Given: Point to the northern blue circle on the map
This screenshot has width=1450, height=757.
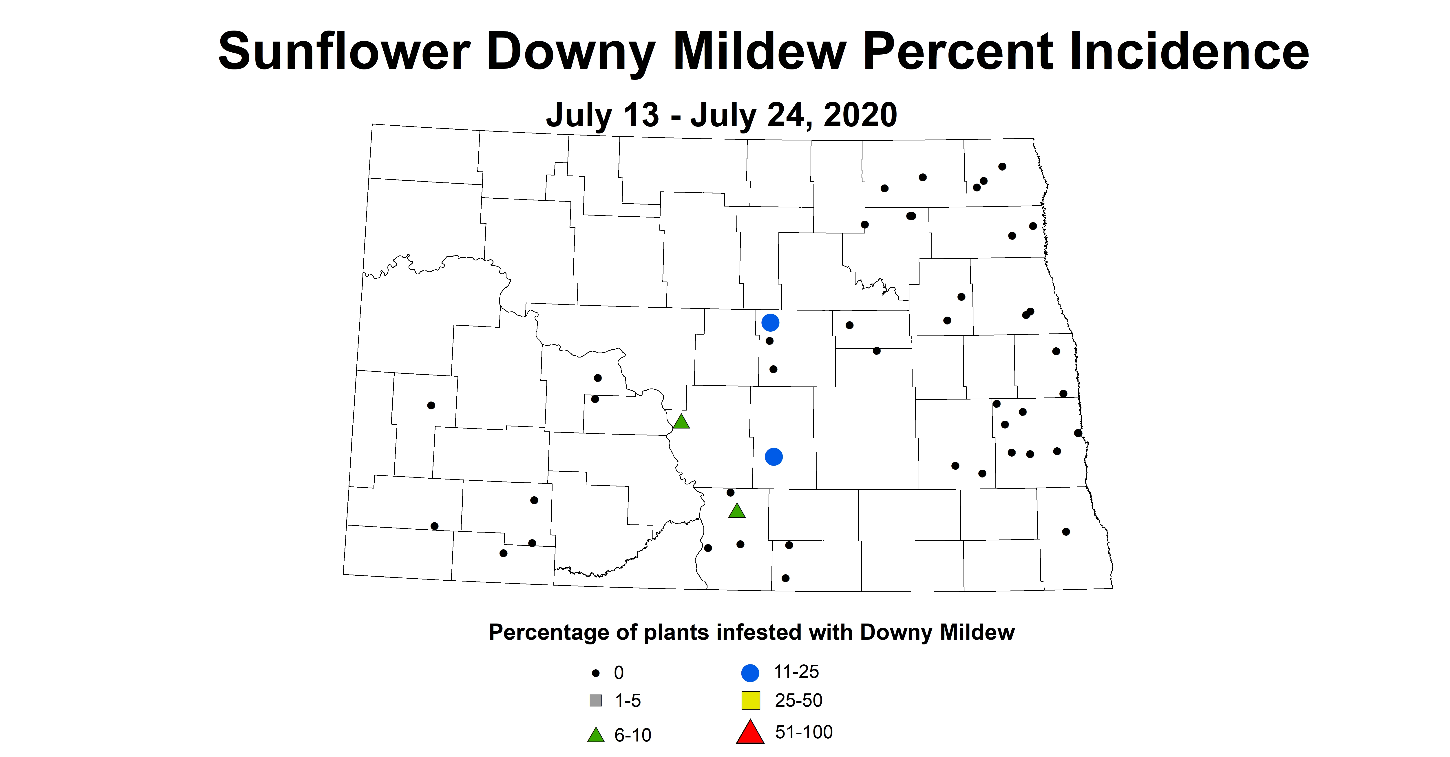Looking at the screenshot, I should tap(770, 323).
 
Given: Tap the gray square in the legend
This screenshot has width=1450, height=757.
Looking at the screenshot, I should tap(596, 701).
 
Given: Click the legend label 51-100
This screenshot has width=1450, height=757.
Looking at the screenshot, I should tap(803, 732).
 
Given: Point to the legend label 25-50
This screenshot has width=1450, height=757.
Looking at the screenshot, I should tap(798, 700).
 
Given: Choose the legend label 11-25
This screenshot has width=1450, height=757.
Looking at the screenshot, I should tap(796, 671).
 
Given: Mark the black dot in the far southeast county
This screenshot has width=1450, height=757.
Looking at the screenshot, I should tap(1065, 532).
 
